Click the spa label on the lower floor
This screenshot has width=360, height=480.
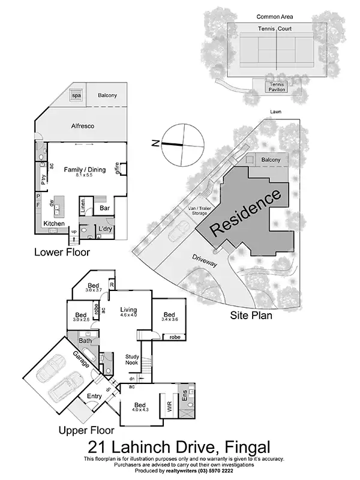click(x=76, y=95)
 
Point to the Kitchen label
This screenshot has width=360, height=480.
click(x=54, y=224)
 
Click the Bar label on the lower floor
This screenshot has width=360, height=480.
click(x=104, y=209)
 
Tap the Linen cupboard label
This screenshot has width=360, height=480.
click(x=84, y=205)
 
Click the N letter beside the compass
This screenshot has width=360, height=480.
click(x=154, y=143)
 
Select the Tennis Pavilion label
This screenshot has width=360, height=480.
click(x=277, y=87)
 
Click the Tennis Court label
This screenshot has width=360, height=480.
click(x=275, y=28)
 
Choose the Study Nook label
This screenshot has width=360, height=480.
click(x=132, y=359)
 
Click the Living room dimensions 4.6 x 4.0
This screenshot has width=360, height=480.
click(x=129, y=314)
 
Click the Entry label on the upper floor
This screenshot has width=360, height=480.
click(x=95, y=396)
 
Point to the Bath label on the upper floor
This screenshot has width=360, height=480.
click(x=85, y=341)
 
